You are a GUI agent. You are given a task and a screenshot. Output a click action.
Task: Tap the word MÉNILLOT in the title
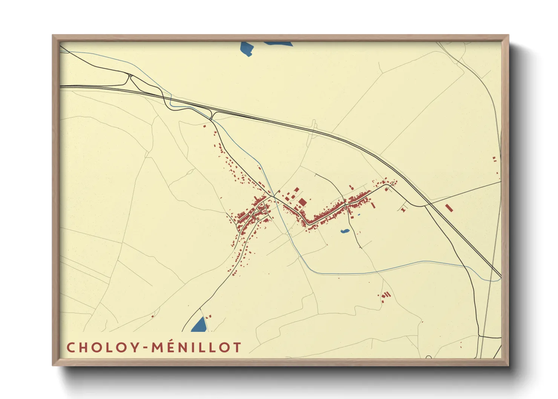click(x=196, y=347)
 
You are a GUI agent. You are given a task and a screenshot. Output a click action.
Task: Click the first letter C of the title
click(x=71, y=347)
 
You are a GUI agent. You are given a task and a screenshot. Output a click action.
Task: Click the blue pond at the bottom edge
click(x=199, y=325)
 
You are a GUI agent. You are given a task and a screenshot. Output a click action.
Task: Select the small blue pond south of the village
click(x=344, y=231)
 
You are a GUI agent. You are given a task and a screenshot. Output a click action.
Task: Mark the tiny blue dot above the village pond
click(x=359, y=215)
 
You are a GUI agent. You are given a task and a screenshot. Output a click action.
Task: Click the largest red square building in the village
click(x=302, y=202)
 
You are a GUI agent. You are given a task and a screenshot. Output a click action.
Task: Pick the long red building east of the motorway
click(x=448, y=208)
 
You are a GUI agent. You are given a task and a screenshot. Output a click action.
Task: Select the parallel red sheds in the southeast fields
click(x=385, y=295)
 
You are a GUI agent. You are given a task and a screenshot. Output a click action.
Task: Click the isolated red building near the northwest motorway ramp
click(x=205, y=126)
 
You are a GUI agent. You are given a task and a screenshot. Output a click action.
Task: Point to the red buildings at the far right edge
click(x=494, y=159)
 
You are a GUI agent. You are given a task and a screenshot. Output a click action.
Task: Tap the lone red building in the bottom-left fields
click(x=152, y=316)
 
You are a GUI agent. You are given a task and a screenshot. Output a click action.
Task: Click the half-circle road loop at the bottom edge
click(x=428, y=357)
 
